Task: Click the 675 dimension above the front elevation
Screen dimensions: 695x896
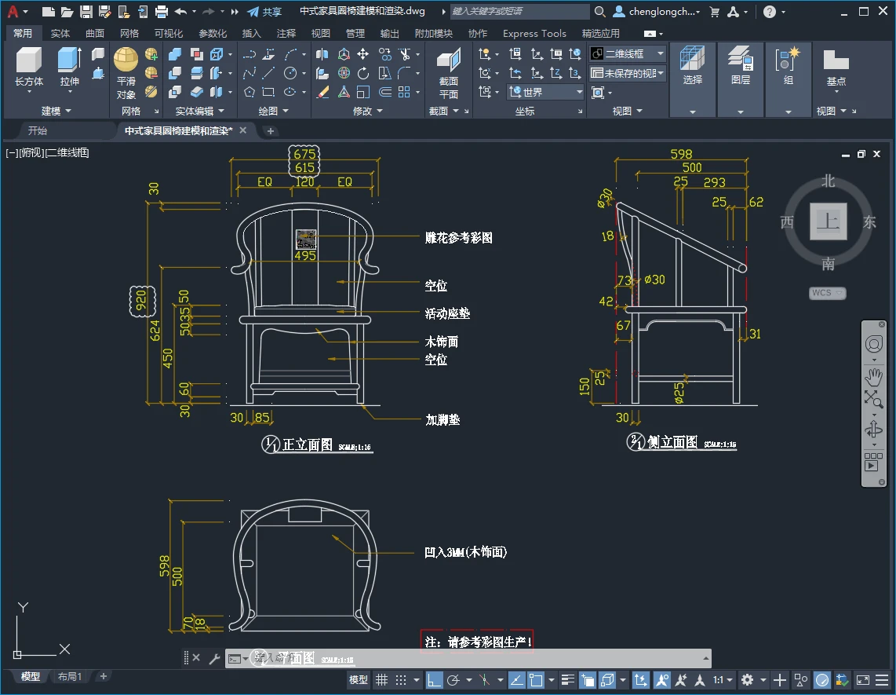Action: pyautogui.click(x=304, y=154)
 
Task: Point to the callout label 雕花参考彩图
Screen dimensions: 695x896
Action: pyautogui.click(x=458, y=237)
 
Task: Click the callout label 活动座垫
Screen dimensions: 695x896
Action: pyautogui.click(x=447, y=313)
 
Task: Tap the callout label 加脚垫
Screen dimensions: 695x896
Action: pyautogui.click(x=442, y=419)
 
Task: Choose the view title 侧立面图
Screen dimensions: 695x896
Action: pyautogui.click(x=672, y=442)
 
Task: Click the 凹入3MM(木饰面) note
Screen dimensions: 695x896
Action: pyautogui.click(x=465, y=553)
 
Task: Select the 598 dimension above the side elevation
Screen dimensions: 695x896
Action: pyautogui.click(x=681, y=155)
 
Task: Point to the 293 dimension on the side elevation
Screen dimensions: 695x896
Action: pyautogui.click(x=714, y=182)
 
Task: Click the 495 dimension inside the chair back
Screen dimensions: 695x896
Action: pyautogui.click(x=305, y=255)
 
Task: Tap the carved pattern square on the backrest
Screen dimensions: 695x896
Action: pyautogui.click(x=305, y=239)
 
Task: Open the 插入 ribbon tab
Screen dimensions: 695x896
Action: pyautogui.click(x=252, y=34)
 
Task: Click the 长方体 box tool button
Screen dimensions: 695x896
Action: pyautogui.click(x=29, y=67)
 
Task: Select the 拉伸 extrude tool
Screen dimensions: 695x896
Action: pyautogui.click(x=69, y=67)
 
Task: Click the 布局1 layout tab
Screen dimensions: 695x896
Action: pyautogui.click(x=70, y=676)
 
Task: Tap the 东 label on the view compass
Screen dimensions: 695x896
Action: pyautogui.click(x=869, y=222)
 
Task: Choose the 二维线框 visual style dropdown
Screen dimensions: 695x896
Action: pyautogui.click(x=628, y=53)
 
